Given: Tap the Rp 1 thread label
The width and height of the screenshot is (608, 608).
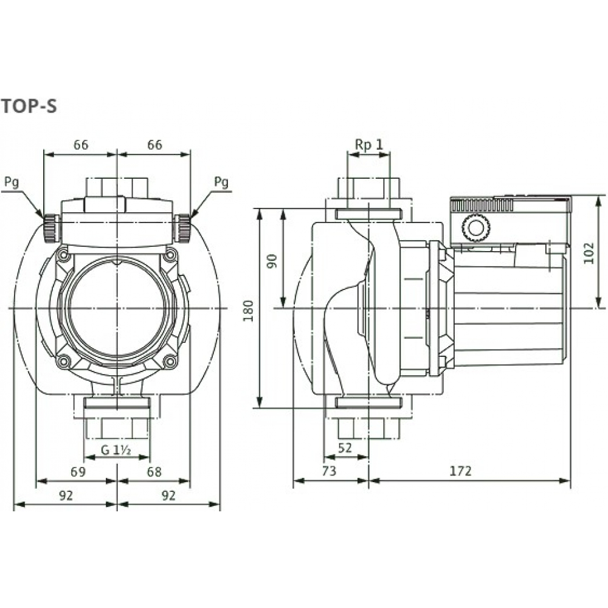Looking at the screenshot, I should [x=368, y=144].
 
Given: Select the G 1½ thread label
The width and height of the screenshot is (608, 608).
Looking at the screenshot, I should [x=117, y=451].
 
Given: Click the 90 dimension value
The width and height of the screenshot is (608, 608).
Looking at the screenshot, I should [x=272, y=260].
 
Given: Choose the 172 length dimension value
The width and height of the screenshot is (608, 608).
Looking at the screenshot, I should [x=461, y=471].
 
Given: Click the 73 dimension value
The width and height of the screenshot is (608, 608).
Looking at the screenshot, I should [x=329, y=471].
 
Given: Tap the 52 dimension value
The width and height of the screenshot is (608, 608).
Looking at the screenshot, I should [x=345, y=447].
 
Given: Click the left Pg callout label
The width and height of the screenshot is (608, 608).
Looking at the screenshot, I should [x=12, y=182].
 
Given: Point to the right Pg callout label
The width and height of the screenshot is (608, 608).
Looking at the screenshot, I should [x=222, y=182].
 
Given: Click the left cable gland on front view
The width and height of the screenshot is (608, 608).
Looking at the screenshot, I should [x=50, y=228].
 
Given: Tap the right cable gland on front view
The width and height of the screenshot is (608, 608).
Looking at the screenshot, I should [x=182, y=228].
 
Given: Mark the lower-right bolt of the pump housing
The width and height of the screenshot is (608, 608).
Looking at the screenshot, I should [x=170, y=362].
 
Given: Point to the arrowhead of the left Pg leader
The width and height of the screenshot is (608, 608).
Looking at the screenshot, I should [x=41, y=216].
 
